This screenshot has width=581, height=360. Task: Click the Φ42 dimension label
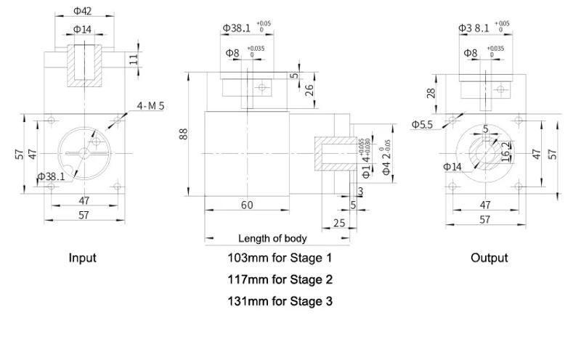84,12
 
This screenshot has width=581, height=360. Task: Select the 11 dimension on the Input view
134,58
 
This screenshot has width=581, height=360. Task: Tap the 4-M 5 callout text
151,106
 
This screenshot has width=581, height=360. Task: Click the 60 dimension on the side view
247,205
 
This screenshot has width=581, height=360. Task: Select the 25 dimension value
339,223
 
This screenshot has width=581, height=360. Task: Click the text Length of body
272,238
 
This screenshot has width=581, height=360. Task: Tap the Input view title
82,258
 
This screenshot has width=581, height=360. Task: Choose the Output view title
489,258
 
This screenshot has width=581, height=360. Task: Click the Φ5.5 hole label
423,124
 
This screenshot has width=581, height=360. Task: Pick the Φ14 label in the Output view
452,167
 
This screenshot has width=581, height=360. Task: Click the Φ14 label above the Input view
83,29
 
